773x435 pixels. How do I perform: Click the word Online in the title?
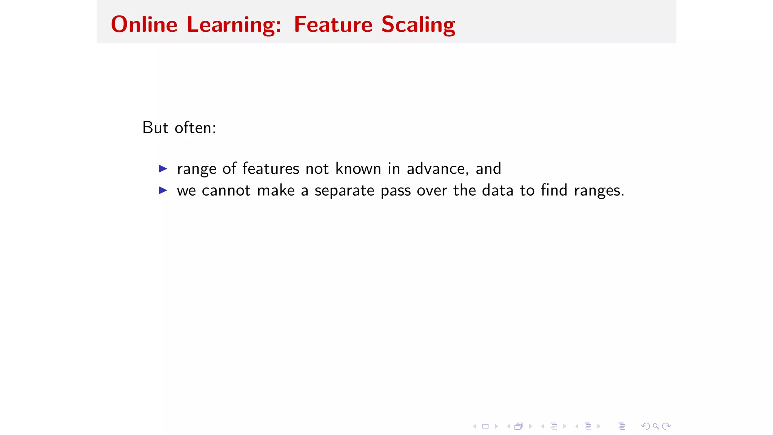click(144, 25)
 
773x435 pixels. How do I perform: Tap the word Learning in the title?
click(234, 25)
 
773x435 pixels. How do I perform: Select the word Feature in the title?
click(333, 25)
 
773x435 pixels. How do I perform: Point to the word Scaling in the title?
click(418, 25)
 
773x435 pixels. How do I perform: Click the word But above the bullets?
click(155, 128)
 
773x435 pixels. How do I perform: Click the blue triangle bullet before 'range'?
click(163, 168)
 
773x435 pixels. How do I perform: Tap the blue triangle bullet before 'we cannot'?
click(163, 190)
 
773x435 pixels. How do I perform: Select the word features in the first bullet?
click(271, 168)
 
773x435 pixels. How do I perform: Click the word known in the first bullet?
click(358, 168)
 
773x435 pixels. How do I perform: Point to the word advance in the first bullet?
click(437, 168)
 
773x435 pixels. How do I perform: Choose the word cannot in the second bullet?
click(226, 190)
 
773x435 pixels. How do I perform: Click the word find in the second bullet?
click(554, 190)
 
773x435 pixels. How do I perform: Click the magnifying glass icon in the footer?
click(656, 426)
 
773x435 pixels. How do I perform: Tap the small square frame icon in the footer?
click(485, 426)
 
